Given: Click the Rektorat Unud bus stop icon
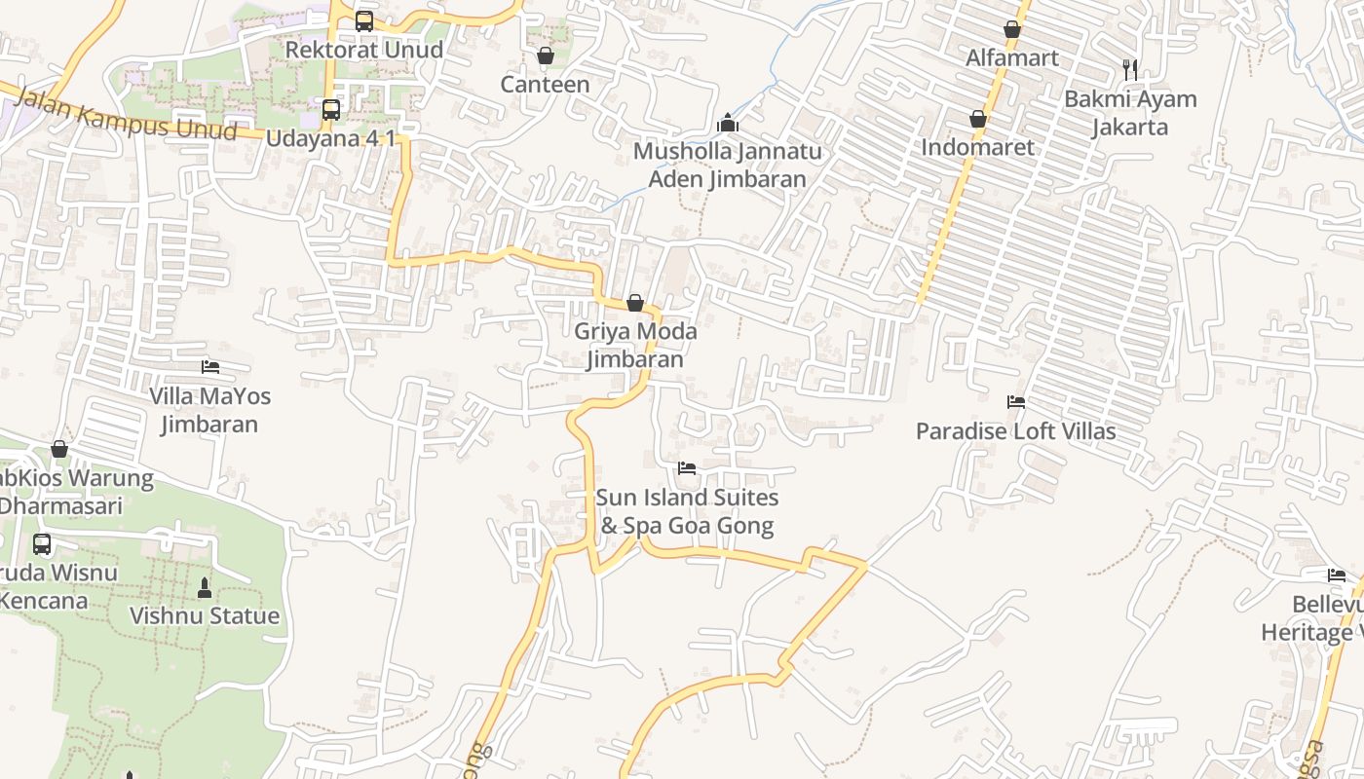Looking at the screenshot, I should tap(363, 20).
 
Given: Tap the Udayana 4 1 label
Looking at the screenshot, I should tap(331, 137).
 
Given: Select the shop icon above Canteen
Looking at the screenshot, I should tap(546, 56).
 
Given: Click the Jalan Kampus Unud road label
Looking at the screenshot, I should tap(127, 114).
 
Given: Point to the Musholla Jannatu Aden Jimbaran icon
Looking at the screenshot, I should tap(727, 124).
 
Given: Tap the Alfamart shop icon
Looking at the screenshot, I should tap(1012, 29).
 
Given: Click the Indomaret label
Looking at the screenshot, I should tap(977, 148).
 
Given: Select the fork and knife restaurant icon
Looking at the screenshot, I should tap(1130, 69).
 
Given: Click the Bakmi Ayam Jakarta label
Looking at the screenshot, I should tap(1130, 113).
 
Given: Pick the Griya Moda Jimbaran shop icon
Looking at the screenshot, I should tap(635, 303).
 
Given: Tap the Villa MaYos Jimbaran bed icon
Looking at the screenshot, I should tap(210, 367).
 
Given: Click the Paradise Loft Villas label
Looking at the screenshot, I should tap(1016, 431).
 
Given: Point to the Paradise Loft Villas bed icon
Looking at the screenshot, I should tap(1016, 402).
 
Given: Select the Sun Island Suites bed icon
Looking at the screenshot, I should tap(687, 468).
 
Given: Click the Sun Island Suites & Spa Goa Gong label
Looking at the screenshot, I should tap(687, 512).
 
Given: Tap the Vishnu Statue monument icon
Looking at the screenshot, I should tap(205, 588).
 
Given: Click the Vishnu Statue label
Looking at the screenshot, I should tap(205, 616).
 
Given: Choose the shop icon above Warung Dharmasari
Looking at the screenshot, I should tap(59, 449).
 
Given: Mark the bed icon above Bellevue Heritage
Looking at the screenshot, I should tap(1337, 575).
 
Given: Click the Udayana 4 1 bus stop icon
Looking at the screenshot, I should tap(331, 109).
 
